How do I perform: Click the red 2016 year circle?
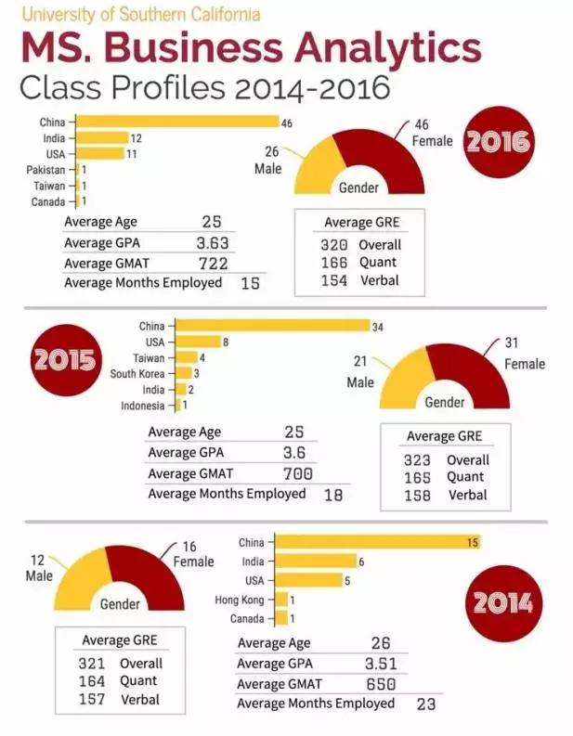pyautogui.click(x=498, y=142)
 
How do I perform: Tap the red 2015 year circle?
pyautogui.click(x=66, y=358)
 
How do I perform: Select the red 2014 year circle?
pyautogui.click(x=502, y=602)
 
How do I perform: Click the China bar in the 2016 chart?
pyautogui.click(x=176, y=122)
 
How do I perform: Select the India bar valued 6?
pyautogui.click(x=317, y=562)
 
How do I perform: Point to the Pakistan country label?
pyautogui.click(x=46, y=170)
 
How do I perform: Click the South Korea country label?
pyautogui.click(x=137, y=374)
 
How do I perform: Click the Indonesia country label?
pyautogui.click(x=143, y=406)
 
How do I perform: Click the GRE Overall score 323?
pyautogui.click(x=418, y=460)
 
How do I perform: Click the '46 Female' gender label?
pyautogui.click(x=432, y=133)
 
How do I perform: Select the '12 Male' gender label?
pyautogui.click(x=38, y=567)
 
